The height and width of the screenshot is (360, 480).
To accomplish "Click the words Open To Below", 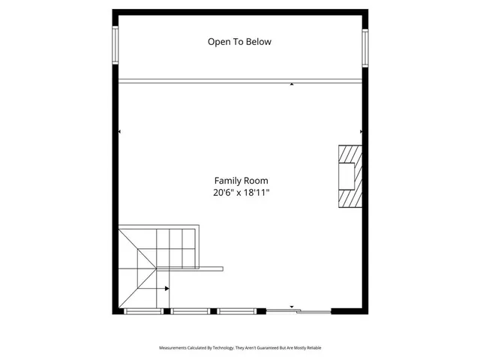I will tap(239, 42).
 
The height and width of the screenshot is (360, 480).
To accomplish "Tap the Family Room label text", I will tap(241, 181).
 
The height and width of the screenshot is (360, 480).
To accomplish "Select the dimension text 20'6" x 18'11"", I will tap(241, 193).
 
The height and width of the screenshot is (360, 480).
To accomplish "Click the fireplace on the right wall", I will tap(349, 175).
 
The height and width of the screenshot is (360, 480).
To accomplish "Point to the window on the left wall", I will tap(115, 46).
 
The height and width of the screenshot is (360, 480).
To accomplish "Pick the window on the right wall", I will tap(365, 47).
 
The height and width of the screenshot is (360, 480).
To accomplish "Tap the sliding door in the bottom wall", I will tap(299, 310).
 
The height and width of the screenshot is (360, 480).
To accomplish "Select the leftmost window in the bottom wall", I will tap(143, 310).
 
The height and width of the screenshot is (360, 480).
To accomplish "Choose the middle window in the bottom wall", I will tap(190, 310).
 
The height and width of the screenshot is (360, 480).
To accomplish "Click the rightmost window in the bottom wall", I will tap(238, 310).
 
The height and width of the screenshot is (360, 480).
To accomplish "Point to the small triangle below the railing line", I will tap(292, 85).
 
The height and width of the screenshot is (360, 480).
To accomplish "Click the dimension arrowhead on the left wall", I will tap(120, 132).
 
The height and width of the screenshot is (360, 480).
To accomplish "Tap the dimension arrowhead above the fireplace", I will tap(361, 132).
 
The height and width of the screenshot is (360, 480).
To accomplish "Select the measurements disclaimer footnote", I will tap(240, 348).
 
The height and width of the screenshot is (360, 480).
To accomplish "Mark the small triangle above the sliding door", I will tap(292, 307).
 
